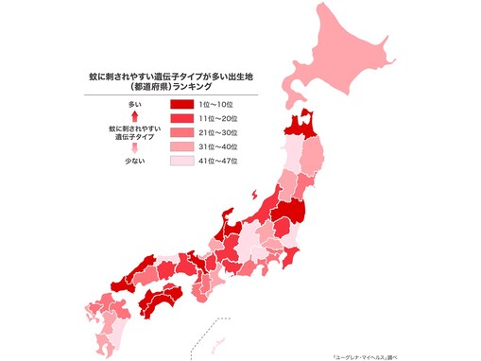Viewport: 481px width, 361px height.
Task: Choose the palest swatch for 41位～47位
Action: click(182, 162)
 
